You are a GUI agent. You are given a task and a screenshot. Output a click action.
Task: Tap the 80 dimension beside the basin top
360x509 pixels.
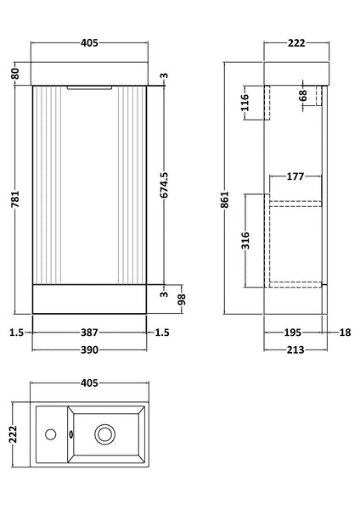(x=14, y=74)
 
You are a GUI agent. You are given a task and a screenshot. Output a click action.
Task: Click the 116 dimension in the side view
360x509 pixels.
(x=245, y=104)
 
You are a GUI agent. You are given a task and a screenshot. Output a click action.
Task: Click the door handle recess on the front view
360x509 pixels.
(x=89, y=86)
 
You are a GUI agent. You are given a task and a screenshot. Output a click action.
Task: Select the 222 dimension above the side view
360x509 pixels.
(x=295, y=43)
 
